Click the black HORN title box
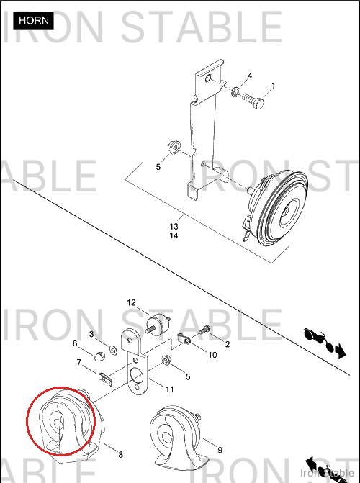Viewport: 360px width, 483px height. pyautogui.click(x=33, y=21)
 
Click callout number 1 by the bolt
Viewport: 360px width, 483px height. pyautogui.click(x=273, y=86)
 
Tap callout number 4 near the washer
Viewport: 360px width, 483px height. pyautogui.click(x=250, y=76)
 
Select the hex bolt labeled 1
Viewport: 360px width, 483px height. pyautogui.click(x=253, y=101)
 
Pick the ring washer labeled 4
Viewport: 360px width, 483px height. pyautogui.click(x=235, y=91)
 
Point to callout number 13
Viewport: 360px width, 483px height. pyautogui.click(x=174, y=227)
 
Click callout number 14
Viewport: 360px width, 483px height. pyautogui.click(x=174, y=235)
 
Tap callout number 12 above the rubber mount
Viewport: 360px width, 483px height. pyautogui.click(x=131, y=303)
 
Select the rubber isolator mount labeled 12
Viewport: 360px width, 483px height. pyautogui.click(x=158, y=324)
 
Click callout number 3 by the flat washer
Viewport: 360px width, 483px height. pyautogui.click(x=91, y=334)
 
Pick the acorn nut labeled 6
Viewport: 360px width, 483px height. pyautogui.click(x=99, y=356)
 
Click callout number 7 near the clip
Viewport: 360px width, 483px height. pyautogui.click(x=79, y=363)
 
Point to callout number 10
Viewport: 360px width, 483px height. pyautogui.click(x=212, y=355)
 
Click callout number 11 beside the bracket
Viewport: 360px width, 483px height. pyautogui.click(x=170, y=389)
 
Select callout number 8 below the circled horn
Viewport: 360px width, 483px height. pyautogui.click(x=120, y=454)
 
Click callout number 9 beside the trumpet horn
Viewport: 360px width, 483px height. pyautogui.click(x=220, y=450)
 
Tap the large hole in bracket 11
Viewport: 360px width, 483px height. pyautogui.click(x=137, y=375)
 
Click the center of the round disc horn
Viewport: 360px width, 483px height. pyautogui.click(x=287, y=212)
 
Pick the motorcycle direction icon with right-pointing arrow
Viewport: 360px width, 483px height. pyautogui.click(x=325, y=343)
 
